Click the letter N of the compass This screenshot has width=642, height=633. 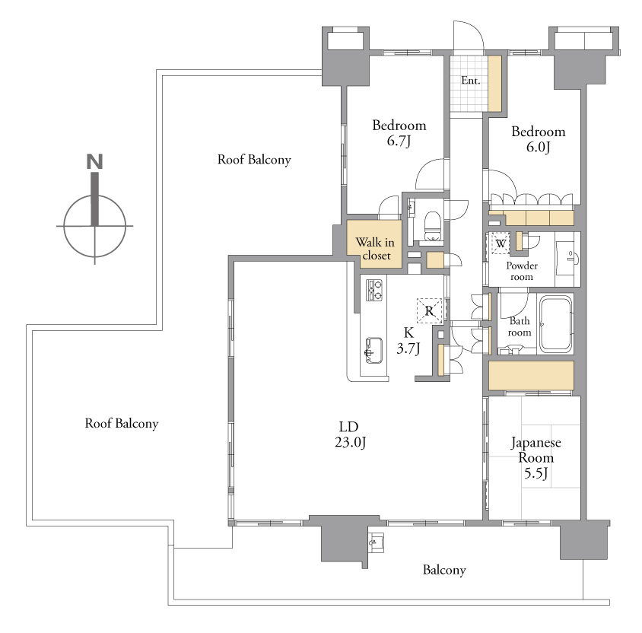(x=94, y=161)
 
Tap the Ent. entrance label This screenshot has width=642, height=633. (x=470, y=80)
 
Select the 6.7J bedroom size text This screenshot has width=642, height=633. (x=399, y=141)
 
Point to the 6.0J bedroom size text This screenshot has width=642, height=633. (x=538, y=147)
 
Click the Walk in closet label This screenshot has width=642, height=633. (x=375, y=249)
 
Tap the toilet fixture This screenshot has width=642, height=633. (x=431, y=226)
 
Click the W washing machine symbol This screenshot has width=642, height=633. (x=501, y=243)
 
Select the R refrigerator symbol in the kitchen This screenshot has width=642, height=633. (x=429, y=310)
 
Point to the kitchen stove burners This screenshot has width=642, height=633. (x=373, y=290)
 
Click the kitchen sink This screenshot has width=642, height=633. (x=373, y=351)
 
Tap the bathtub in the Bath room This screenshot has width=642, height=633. (x=555, y=325)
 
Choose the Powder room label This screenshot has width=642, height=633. (x=522, y=271)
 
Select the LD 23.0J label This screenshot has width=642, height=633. (x=349, y=434)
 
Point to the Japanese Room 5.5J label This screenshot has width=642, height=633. (x=536, y=458)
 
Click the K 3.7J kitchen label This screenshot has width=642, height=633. (x=408, y=340)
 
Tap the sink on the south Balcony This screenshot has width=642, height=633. (x=376, y=542)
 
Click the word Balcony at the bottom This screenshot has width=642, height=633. (x=444, y=570)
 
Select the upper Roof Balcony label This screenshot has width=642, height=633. (x=254, y=159)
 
